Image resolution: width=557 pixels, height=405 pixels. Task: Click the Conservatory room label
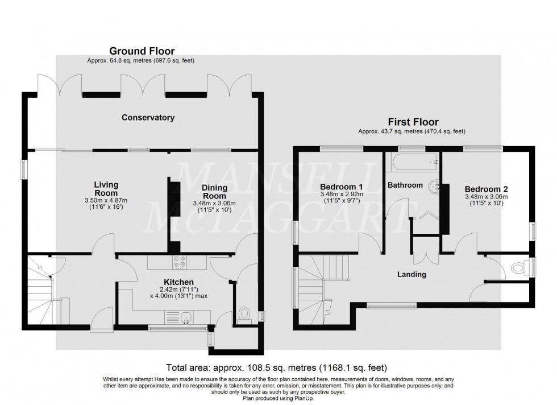(148, 118)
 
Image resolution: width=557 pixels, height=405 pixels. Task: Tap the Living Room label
(106, 188)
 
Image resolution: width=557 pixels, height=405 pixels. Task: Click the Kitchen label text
(179, 282)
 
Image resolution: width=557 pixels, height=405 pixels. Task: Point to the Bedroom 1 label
(341, 187)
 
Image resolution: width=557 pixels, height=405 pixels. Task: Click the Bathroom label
(405, 185)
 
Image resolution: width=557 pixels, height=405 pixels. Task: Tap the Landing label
(412, 274)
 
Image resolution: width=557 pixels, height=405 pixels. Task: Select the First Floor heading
(413, 122)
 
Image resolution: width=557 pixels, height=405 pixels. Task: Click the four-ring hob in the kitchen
(179, 262)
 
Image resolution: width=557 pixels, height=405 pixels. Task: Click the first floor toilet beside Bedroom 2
(519, 266)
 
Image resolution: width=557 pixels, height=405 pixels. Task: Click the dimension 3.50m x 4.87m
(106, 200)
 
